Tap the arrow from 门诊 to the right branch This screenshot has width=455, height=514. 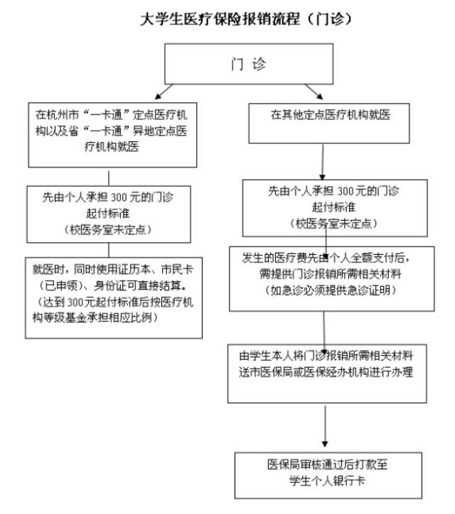314,92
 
